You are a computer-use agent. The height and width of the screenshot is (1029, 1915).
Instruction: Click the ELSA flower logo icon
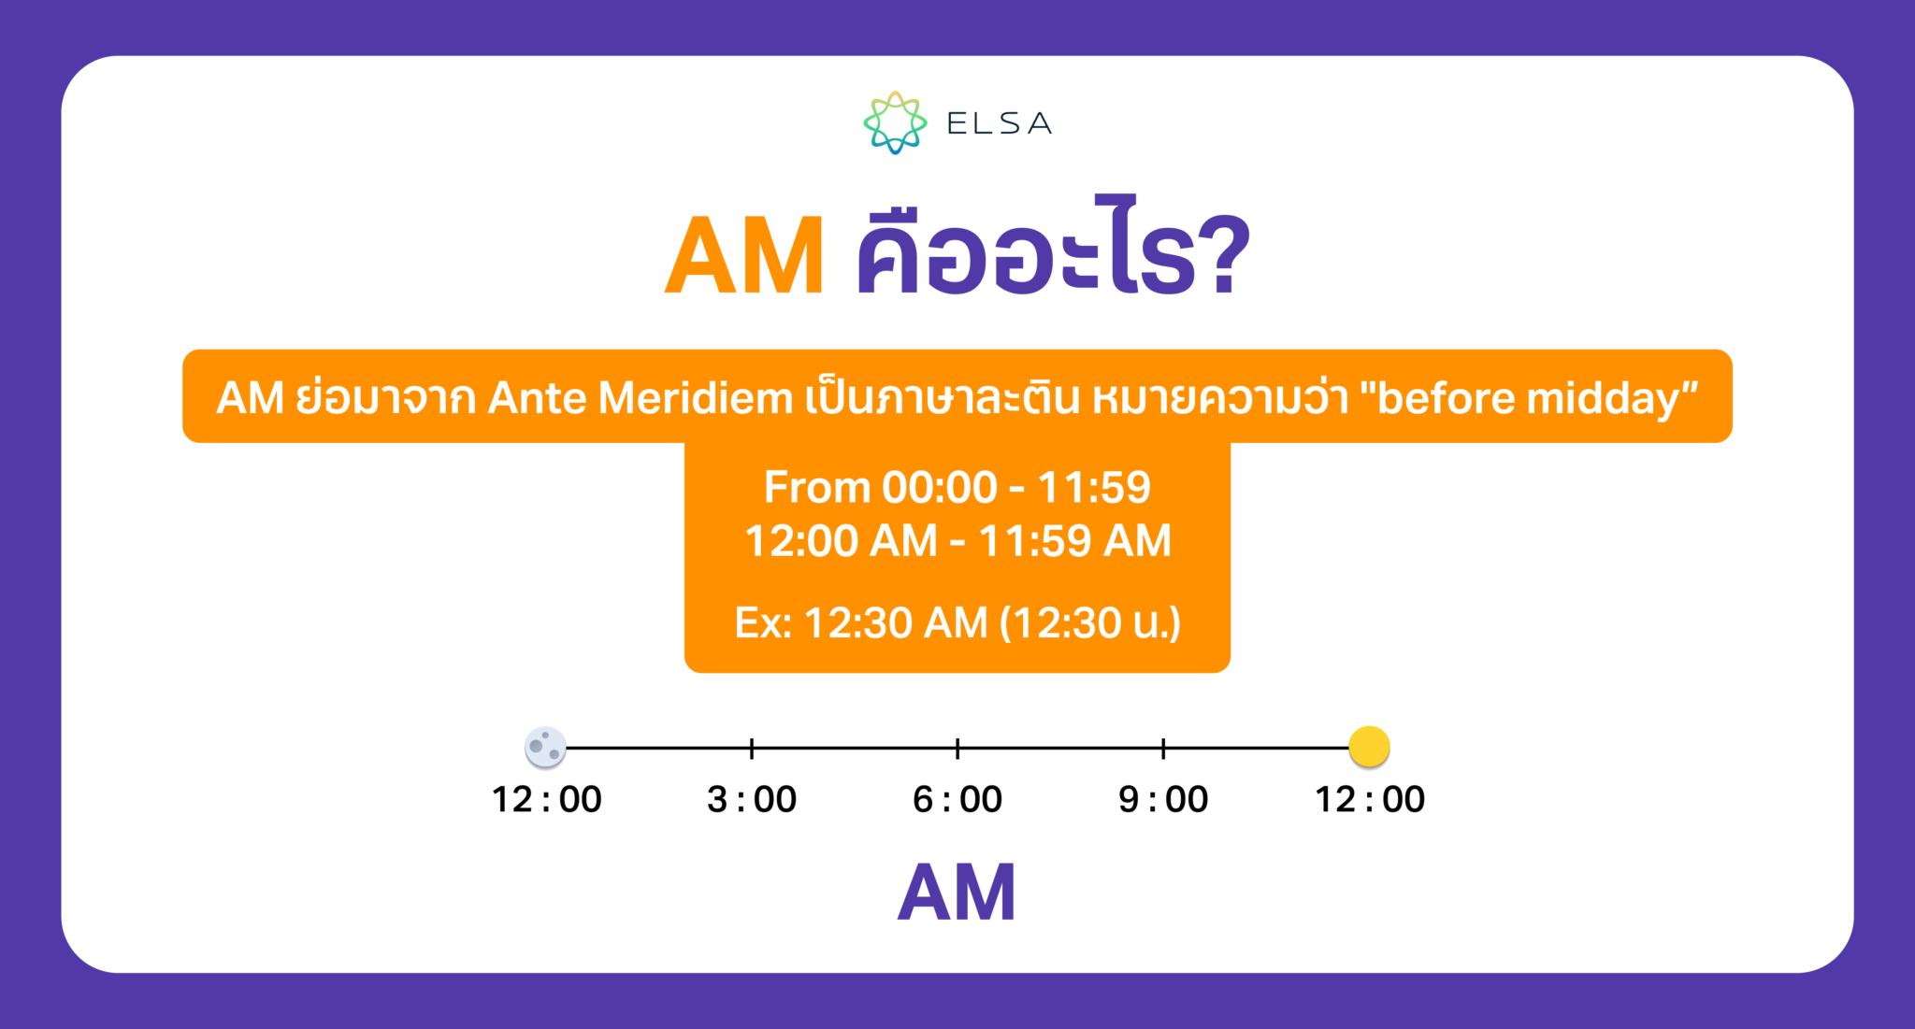[894, 122]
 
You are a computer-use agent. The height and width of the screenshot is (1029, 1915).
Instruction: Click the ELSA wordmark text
[999, 123]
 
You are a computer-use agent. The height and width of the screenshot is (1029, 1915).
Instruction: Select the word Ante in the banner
[537, 398]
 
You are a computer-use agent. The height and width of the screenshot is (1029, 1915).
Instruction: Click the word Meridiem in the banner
[696, 398]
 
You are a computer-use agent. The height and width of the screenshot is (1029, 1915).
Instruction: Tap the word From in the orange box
[816, 487]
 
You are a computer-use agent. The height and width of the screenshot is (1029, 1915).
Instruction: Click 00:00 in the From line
[940, 487]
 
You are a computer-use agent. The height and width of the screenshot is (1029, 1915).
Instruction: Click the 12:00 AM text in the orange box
[841, 541]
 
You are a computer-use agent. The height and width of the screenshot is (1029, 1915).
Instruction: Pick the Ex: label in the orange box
[763, 622]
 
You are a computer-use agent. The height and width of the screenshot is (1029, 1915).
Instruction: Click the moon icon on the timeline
[545, 747]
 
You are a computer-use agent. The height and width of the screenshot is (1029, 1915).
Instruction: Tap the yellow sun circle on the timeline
[1369, 747]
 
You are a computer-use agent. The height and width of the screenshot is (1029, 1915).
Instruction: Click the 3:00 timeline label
[752, 800]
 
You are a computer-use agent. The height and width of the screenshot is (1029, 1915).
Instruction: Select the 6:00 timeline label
[957, 800]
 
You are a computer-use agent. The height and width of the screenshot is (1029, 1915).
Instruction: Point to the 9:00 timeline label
[1163, 800]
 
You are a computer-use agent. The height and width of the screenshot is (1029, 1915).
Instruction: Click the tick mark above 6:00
[957, 748]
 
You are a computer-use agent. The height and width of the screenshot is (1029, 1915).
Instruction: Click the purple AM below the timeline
[957, 893]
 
